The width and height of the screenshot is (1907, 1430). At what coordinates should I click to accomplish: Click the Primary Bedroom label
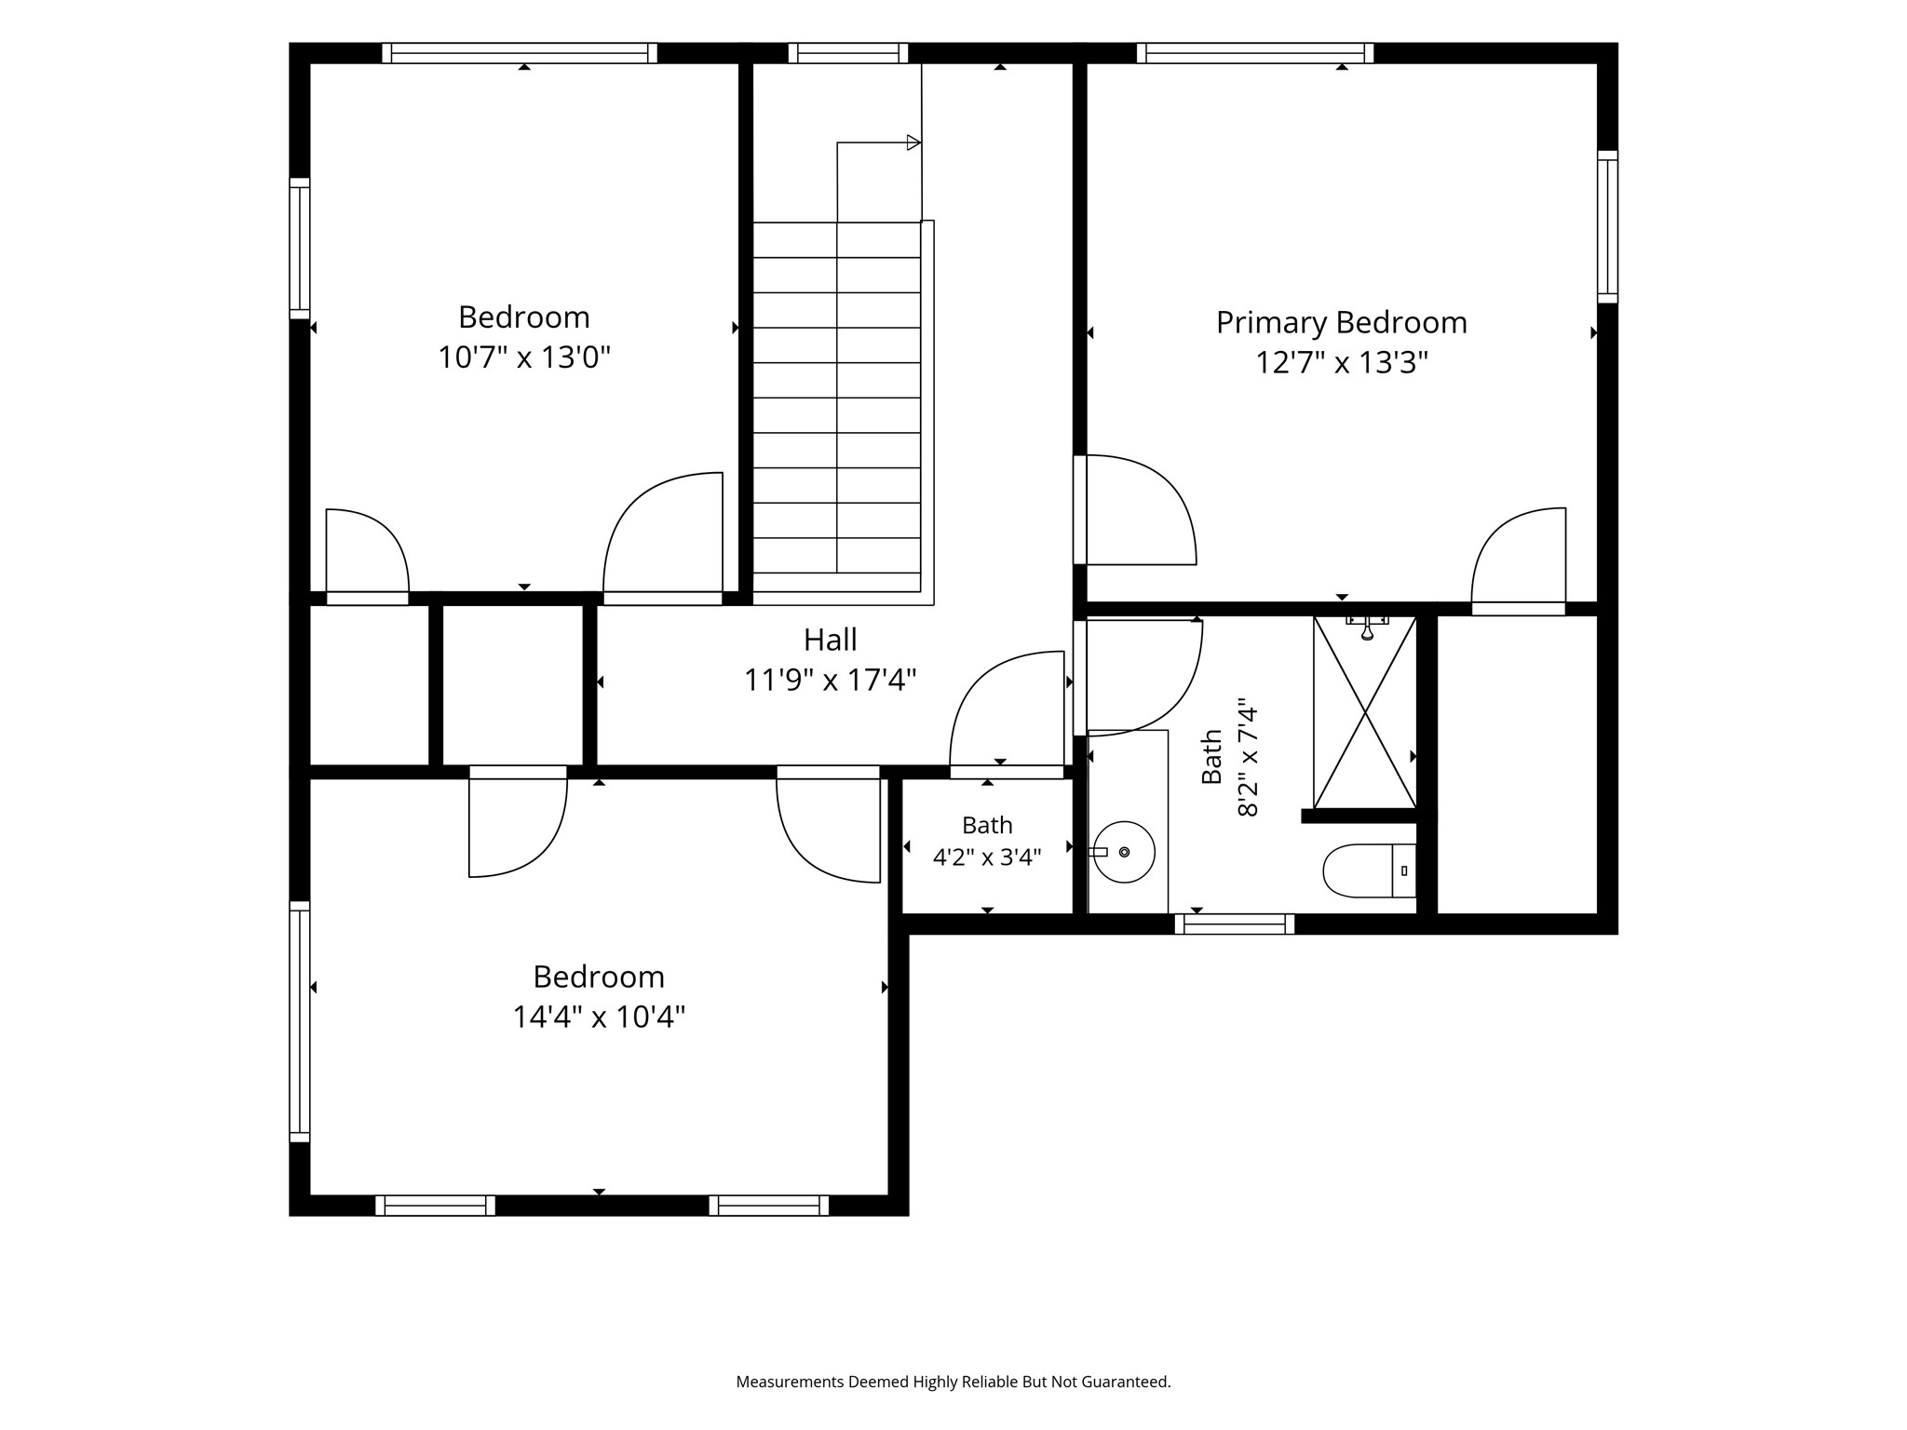pos(1341,323)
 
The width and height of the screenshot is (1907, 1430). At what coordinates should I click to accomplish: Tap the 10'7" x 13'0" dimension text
pos(524,357)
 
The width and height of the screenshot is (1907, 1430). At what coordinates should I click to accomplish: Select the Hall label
pos(830,640)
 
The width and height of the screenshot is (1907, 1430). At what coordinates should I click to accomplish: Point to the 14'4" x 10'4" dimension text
pos(599,1017)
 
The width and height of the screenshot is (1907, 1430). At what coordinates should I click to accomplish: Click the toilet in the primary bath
pos(1370,870)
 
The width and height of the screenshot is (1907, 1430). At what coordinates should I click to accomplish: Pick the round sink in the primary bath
pos(1124,852)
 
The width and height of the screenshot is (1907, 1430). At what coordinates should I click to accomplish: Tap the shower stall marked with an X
pos(1364,713)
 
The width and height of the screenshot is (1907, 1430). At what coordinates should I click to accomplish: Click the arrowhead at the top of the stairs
pos(913,142)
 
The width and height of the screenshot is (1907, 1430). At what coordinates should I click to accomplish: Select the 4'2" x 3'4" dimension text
pos(987,857)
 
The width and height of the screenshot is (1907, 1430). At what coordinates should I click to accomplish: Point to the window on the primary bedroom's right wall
pos(1607,226)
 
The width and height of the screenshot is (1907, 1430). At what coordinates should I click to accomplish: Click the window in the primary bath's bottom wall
pos(1234,924)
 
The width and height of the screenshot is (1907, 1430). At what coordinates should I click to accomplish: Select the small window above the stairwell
pos(847,53)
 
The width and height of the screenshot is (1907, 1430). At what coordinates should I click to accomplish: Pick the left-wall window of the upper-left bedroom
pos(299,248)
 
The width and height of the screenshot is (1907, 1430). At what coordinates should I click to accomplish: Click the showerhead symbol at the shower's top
pos(1367,627)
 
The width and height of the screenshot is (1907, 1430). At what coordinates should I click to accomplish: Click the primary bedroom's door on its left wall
pos(1134,509)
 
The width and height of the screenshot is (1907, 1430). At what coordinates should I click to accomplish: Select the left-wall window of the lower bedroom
pos(299,1021)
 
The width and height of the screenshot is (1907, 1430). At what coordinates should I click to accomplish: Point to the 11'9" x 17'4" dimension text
pos(830,680)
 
